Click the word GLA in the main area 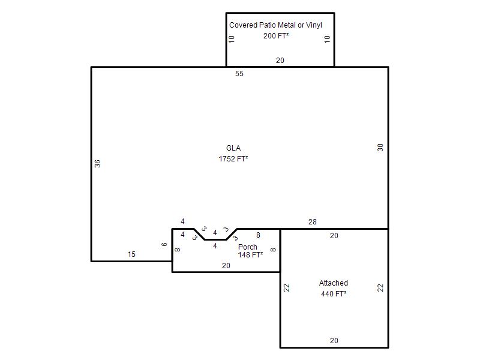point(233,148)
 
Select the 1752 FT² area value point(233,159)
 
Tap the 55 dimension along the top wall point(239,74)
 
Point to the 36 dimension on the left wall point(97,164)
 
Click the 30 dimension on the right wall point(380,148)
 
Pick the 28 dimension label point(312,222)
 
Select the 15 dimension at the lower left point(131,254)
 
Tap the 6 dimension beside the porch point(164,244)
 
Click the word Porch point(248,247)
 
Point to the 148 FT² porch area point(250,254)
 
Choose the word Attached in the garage point(334,283)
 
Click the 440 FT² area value point(334,294)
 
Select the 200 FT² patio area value point(276,36)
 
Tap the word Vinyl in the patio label point(314,25)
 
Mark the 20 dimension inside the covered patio point(280,61)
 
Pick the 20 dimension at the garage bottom point(334,341)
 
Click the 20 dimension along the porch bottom point(226,266)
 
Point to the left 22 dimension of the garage point(287,288)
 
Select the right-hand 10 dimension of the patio point(327,39)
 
